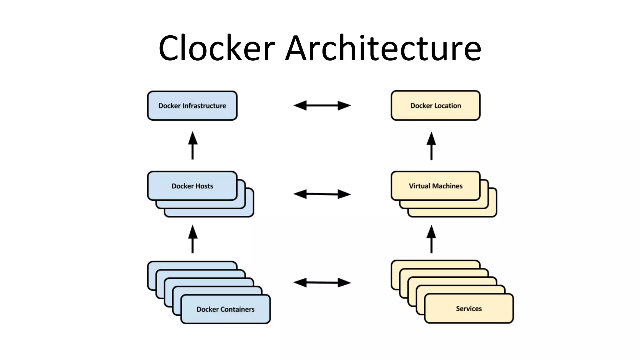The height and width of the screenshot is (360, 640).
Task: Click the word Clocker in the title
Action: click(x=217, y=48)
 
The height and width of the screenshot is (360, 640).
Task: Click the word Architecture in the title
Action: click(x=383, y=48)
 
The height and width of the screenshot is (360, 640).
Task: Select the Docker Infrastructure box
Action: click(x=192, y=106)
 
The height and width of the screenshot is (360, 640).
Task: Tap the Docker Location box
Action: click(x=436, y=106)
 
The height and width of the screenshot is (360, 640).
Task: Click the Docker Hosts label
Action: click(x=192, y=186)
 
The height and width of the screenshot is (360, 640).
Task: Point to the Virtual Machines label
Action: click(x=436, y=186)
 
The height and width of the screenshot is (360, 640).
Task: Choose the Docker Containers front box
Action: click(x=225, y=309)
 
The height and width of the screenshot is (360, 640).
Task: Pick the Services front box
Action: click(x=469, y=308)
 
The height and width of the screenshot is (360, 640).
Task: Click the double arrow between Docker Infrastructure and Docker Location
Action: click(x=322, y=106)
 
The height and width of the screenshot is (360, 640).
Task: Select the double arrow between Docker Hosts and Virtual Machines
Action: click(x=322, y=194)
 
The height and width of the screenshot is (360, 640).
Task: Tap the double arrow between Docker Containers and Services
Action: click(x=322, y=282)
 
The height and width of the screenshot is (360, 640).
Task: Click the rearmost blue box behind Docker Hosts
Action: click(x=219, y=213)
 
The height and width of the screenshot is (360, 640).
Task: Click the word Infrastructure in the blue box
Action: click(x=204, y=106)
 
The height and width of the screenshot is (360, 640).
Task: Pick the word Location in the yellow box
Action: click(x=447, y=106)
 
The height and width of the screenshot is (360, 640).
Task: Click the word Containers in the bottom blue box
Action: click(x=237, y=309)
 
